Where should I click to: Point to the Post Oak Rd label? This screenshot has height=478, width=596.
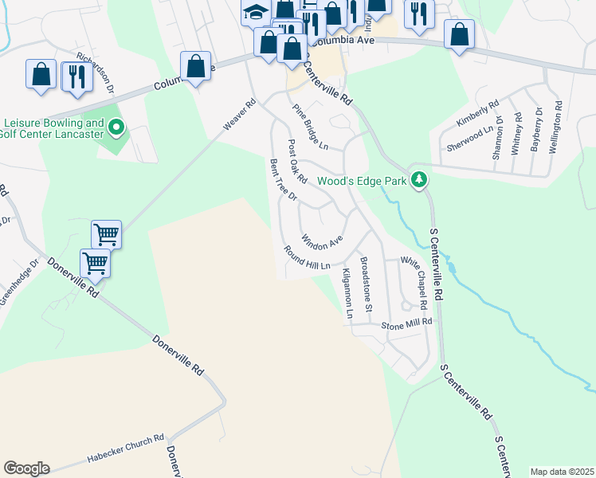pos(297,159)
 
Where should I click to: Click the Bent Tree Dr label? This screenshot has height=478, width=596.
pos(283,179)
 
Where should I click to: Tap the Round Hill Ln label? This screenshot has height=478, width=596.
pos(308,257)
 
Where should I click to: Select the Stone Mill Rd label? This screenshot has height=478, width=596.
pos(406,323)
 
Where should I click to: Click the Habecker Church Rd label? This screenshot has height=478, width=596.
pos(125,449)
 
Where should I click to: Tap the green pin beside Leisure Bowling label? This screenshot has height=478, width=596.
pos(116,127)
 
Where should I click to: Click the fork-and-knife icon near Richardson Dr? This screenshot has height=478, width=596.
pos(76,75)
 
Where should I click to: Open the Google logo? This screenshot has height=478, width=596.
pos(26,468)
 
